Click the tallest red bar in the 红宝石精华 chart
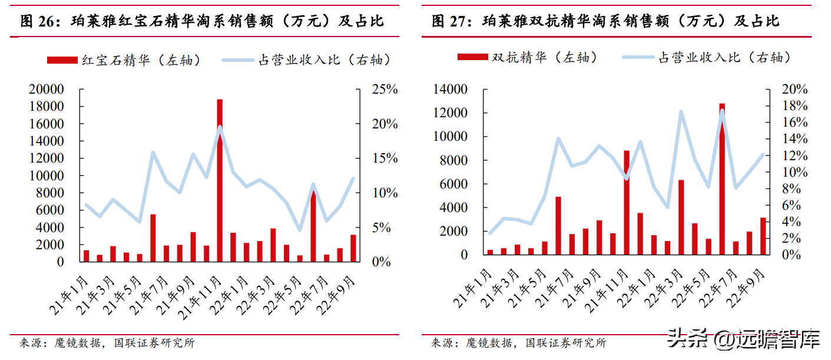pos(220,180)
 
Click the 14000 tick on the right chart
pos(450,90)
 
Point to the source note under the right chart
pos(518,343)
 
